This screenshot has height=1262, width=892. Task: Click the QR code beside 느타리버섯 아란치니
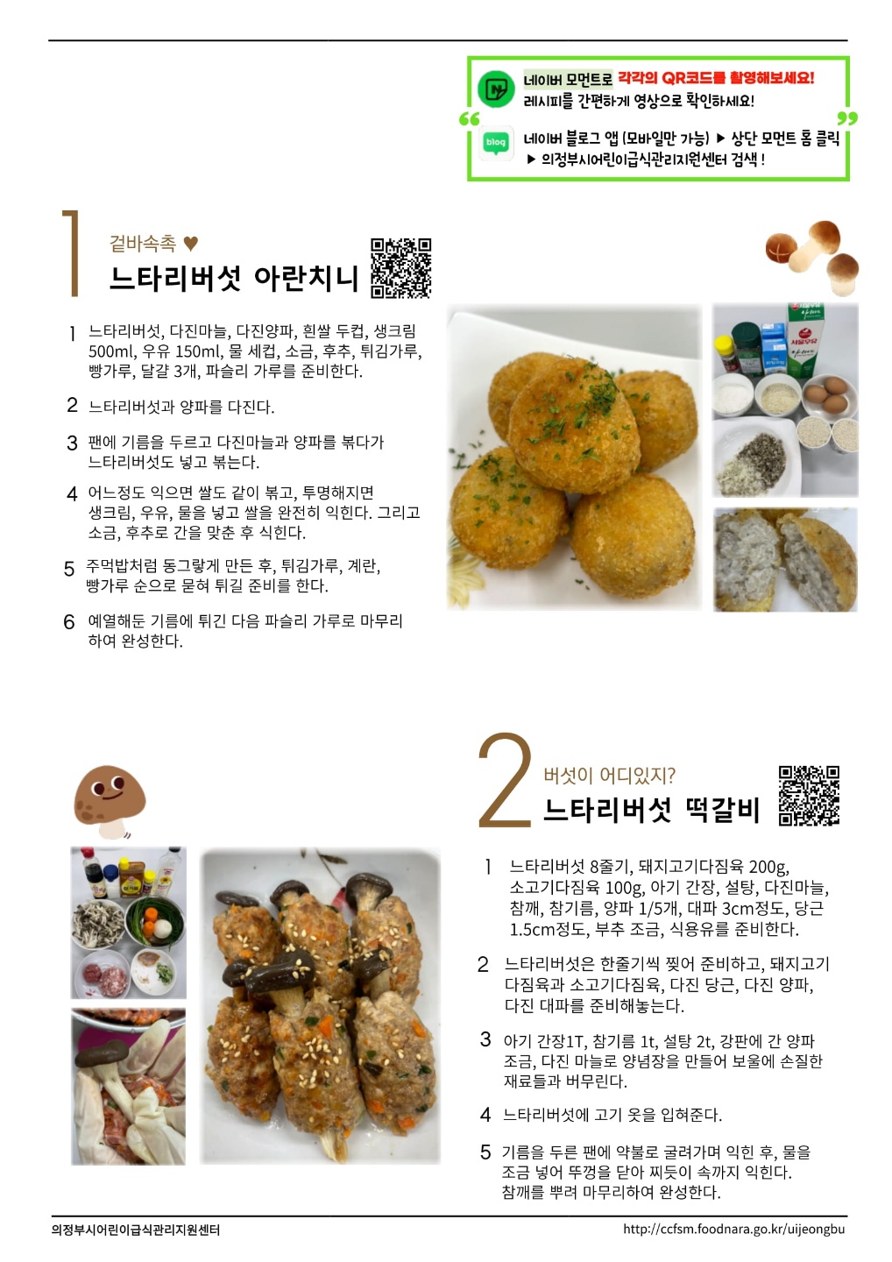[400, 267]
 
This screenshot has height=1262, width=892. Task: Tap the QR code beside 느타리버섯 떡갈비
[809, 796]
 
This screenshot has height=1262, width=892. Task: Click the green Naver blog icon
[496, 143]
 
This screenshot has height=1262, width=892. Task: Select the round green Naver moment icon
[496, 89]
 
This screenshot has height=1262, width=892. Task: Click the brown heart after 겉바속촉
[191, 244]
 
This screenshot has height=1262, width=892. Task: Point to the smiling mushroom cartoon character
[110, 802]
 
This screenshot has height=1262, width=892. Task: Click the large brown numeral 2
[505, 780]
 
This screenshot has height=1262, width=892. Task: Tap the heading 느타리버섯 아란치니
[233, 278]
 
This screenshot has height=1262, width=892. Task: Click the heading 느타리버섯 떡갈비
[651, 810]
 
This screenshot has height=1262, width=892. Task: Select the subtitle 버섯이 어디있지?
[609, 776]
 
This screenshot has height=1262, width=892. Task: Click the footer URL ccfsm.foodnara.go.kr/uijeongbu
[733, 1229]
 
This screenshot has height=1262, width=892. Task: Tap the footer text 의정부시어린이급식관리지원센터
[136, 1230]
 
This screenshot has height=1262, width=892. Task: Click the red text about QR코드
[716, 78]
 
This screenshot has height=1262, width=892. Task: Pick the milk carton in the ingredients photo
[803, 342]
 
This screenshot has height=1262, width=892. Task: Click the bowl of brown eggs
[828, 395]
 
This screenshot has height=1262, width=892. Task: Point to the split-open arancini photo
[786, 559]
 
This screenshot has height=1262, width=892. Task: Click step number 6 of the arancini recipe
[68, 622]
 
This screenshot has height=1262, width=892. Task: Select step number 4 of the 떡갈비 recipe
[485, 1115]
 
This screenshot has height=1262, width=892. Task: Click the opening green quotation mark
[469, 119]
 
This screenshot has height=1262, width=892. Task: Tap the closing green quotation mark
[847, 118]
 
